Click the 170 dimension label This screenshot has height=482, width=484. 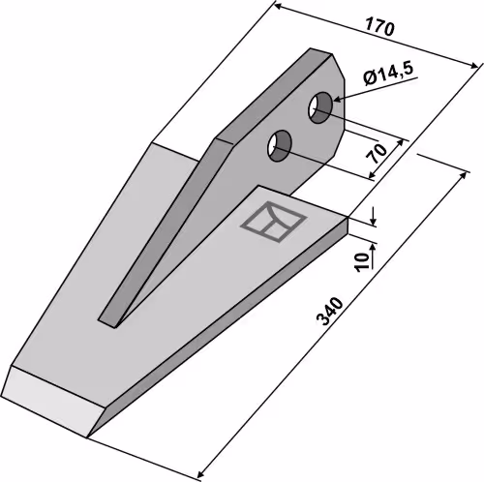pyautogui.click(x=379, y=28)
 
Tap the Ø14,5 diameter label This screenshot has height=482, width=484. pyautogui.click(x=388, y=74)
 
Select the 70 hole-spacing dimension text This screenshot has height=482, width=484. pyautogui.click(x=378, y=154)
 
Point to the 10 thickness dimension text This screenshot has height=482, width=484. pyautogui.click(x=363, y=261)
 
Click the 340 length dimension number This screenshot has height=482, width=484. pyautogui.click(x=329, y=312)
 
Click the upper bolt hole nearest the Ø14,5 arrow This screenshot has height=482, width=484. pyautogui.click(x=320, y=107)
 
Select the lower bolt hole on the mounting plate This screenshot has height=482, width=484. pyautogui.click(x=280, y=145)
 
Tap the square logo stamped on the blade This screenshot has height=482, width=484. pyautogui.click(x=273, y=222)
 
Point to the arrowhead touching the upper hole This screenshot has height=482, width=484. pyautogui.click(x=338, y=99)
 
